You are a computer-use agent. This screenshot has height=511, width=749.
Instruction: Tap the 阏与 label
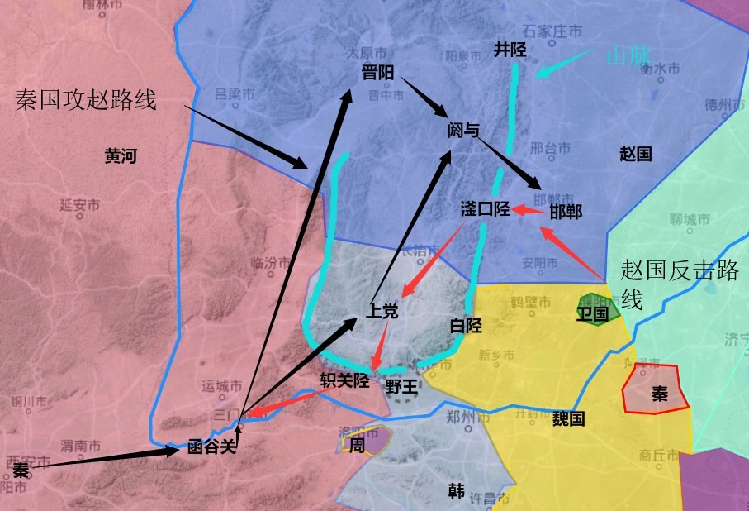[463, 130]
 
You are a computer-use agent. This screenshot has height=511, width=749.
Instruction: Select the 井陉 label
[510, 50]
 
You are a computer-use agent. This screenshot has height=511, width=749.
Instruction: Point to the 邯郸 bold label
[566, 213]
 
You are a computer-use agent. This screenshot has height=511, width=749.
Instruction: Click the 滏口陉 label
[485, 209]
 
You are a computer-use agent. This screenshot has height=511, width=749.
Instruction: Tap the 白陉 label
[465, 325]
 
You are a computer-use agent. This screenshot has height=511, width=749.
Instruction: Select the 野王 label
[402, 385]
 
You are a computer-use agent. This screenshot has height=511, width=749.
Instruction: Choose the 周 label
[357, 445]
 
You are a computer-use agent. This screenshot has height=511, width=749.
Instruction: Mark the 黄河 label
[121, 155]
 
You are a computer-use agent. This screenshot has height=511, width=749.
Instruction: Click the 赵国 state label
[635, 153]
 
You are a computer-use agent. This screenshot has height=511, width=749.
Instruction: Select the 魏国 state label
[568, 418]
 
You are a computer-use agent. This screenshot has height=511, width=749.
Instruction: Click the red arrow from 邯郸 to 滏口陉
[529, 210]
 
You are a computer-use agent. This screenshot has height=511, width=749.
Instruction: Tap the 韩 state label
[456, 491]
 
